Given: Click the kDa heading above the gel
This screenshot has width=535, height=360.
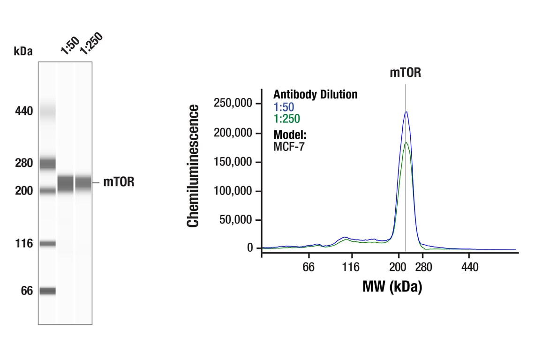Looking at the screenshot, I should point(23,52).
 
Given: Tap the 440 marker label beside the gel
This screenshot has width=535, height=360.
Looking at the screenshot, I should point(23,111).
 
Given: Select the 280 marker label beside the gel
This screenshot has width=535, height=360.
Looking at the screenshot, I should point(23,163).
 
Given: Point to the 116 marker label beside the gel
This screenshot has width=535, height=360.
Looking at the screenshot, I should point(23,243).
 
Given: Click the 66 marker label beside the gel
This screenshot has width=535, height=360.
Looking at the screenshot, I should point(26,291).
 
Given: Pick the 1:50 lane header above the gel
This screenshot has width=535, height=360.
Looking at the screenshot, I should point(69,45).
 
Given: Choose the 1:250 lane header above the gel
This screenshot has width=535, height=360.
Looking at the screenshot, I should point(90,44).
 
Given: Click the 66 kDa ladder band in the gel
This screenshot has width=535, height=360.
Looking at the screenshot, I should point(47,291).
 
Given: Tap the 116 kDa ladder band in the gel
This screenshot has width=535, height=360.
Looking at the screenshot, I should point(47,243).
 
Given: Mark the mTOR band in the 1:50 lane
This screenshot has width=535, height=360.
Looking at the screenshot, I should point(66,183).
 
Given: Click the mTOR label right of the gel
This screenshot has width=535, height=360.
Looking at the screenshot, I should point(119,182).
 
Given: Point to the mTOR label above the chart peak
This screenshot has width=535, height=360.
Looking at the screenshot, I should point(405,73).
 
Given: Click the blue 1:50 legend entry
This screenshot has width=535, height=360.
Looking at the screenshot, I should point(284,107).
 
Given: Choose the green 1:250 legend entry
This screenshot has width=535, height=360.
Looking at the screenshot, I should point(286,119).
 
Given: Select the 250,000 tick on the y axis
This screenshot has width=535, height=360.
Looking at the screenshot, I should point(233,103).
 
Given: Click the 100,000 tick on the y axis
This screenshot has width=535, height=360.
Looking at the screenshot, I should point(233,191).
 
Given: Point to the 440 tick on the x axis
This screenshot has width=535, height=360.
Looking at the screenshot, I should point(469,267).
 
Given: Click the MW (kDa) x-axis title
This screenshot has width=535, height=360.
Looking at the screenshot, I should point(392,286).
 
